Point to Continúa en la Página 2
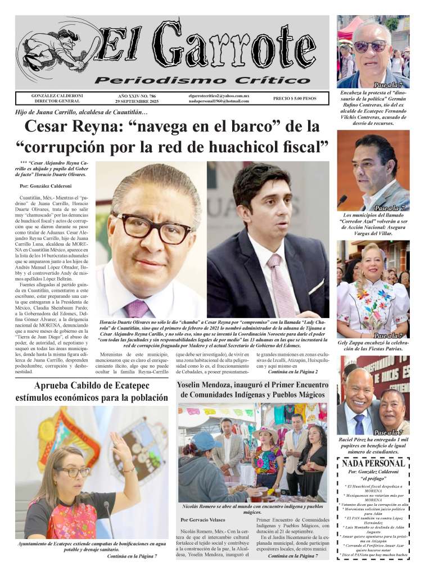click(293, 372)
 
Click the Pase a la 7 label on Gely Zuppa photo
click(387, 336)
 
